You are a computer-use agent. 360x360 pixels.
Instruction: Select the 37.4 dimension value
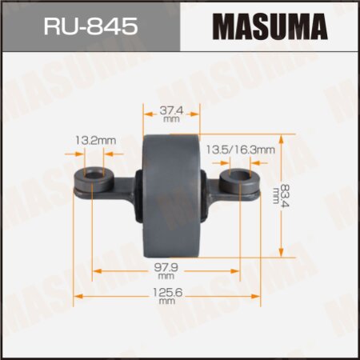(170, 108)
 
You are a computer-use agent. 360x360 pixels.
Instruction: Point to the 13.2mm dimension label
(94, 141)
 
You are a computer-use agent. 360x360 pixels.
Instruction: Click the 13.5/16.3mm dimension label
(251, 149)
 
